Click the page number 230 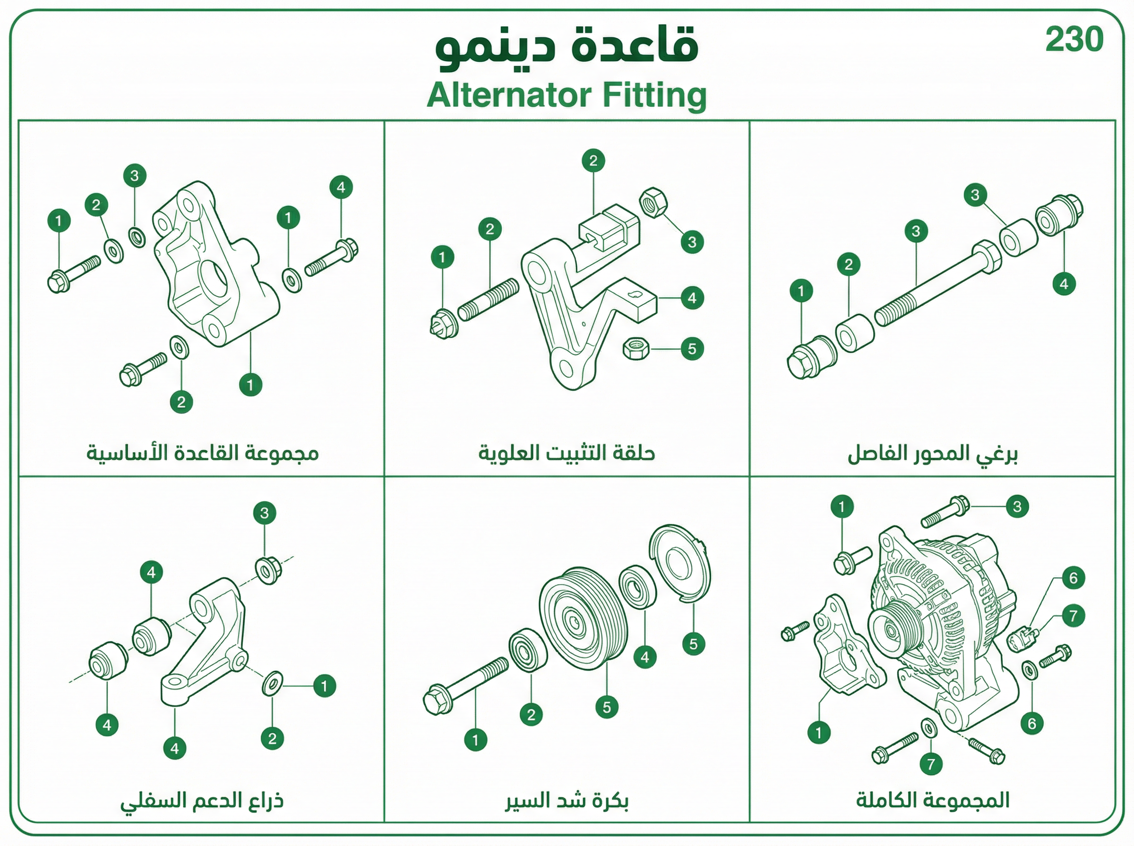[x=1074, y=40]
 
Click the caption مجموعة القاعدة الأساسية [x=202, y=453]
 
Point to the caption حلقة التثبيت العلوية [x=567, y=453]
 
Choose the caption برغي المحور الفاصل [x=932, y=454]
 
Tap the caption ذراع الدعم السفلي [x=202, y=800]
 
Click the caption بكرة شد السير [x=567, y=800]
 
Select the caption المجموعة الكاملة [x=933, y=800]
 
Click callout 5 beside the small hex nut [x=692, y=349]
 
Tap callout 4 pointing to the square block [x=692, y=297]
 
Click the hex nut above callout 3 [x=653, y=202]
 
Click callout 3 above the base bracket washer [x=135, y=176]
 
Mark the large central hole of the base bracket [x=214, y=278]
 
